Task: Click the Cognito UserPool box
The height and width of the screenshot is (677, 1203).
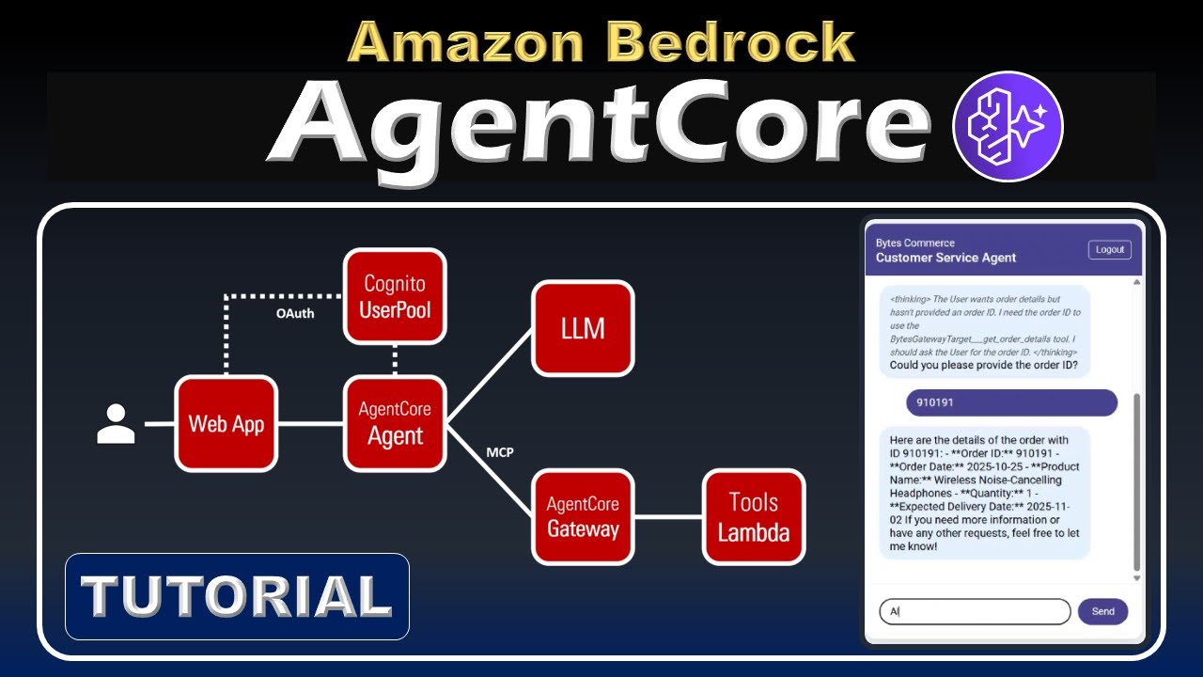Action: (395, 296)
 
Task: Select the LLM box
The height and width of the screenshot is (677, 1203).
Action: (583, 328)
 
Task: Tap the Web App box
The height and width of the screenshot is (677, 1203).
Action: (227, 423)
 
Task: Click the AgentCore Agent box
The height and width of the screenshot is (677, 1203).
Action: (395, 423)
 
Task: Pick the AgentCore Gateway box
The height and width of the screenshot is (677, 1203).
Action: (583, 516)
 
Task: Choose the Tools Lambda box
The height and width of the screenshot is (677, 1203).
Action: (754, 516)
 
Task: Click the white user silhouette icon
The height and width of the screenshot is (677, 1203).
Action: (117, 424)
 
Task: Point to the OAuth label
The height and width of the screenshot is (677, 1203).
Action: (295, 313)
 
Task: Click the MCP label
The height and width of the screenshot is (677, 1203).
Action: (500, 453)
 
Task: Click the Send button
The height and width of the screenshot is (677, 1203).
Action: (1102, 611)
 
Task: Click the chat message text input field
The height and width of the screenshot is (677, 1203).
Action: (975, 611)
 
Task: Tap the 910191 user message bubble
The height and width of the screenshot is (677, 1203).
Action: (1011, 402)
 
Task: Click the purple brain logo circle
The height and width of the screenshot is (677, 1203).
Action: (1008, 126)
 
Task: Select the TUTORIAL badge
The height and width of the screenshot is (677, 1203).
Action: (237, 596)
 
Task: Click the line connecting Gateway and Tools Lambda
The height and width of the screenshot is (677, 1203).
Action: (668, 516)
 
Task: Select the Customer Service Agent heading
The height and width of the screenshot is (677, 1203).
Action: (945, 258)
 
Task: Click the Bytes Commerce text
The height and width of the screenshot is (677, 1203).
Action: (914, 243)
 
